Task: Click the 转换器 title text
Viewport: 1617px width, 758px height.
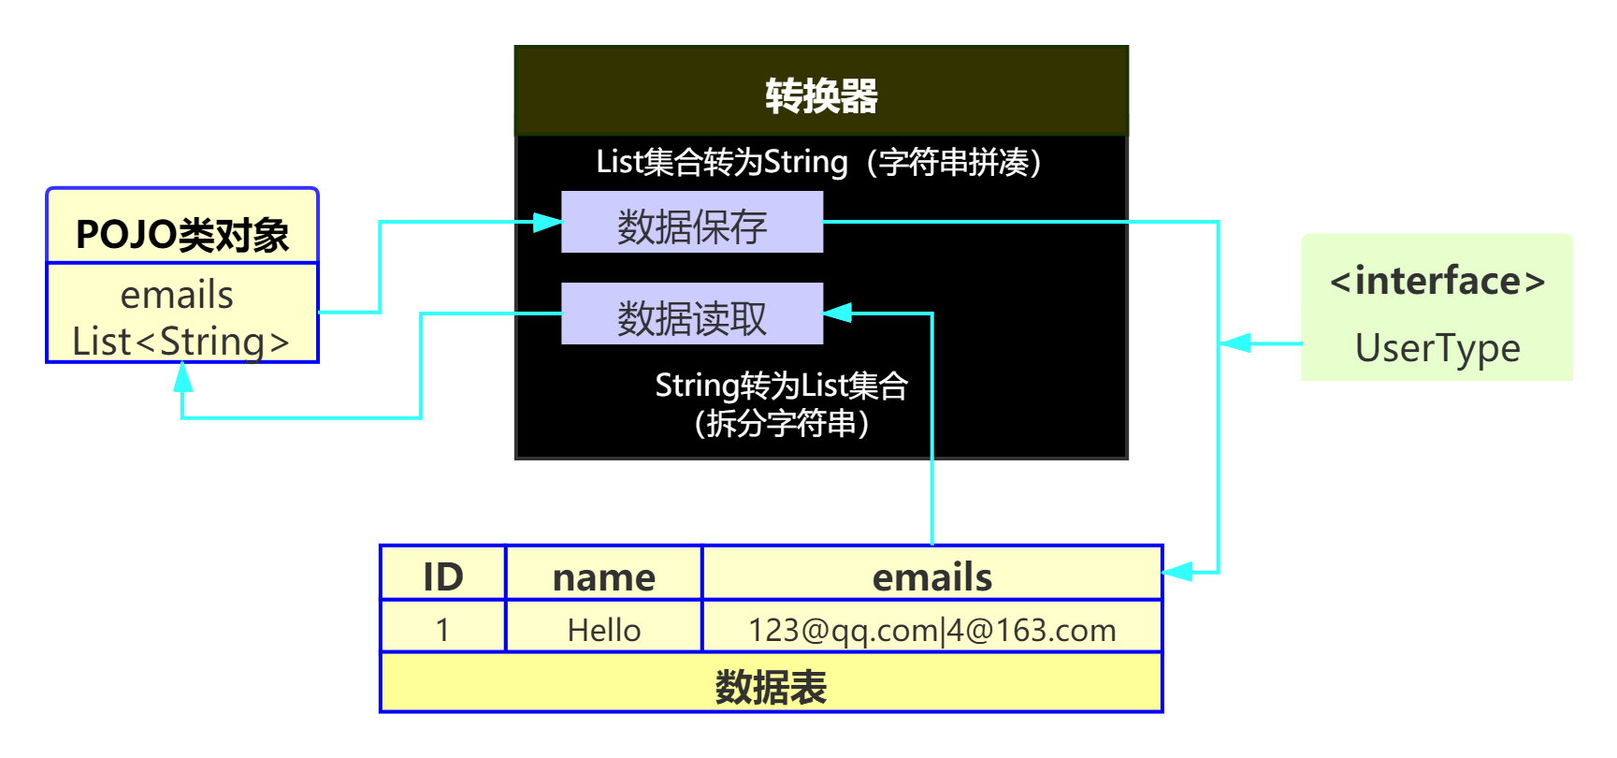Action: click(821, 95)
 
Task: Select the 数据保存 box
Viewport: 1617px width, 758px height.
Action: click(692, 223)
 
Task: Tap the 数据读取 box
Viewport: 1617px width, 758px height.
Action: click(692, 314)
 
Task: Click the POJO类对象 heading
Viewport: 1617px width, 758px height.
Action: click(182, 234)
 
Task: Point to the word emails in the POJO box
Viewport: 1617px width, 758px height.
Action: click(177, 295)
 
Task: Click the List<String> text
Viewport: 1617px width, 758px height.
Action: click(181, 342)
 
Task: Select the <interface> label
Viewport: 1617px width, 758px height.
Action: click(1437, 281)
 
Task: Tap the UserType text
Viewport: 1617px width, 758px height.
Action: click(1437, 348)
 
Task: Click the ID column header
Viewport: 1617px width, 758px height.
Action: click(443, 576)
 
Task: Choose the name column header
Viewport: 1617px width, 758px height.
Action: click(604, 576)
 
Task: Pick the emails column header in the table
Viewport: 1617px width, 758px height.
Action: click(931, 576)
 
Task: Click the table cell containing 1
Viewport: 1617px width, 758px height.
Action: click(443, 630)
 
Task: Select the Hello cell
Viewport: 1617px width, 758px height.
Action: click(604, 630)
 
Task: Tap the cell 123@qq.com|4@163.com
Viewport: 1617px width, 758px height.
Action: click(931, 630)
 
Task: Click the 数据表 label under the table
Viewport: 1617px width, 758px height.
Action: click(771, 687)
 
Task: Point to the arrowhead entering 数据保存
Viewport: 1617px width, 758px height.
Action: click(548, 223)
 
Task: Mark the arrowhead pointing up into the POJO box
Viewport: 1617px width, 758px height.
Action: click(183, 377)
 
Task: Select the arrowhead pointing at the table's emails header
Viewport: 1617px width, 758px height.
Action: click(1177, 571)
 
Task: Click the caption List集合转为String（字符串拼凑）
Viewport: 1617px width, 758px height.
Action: click(819, 162)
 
